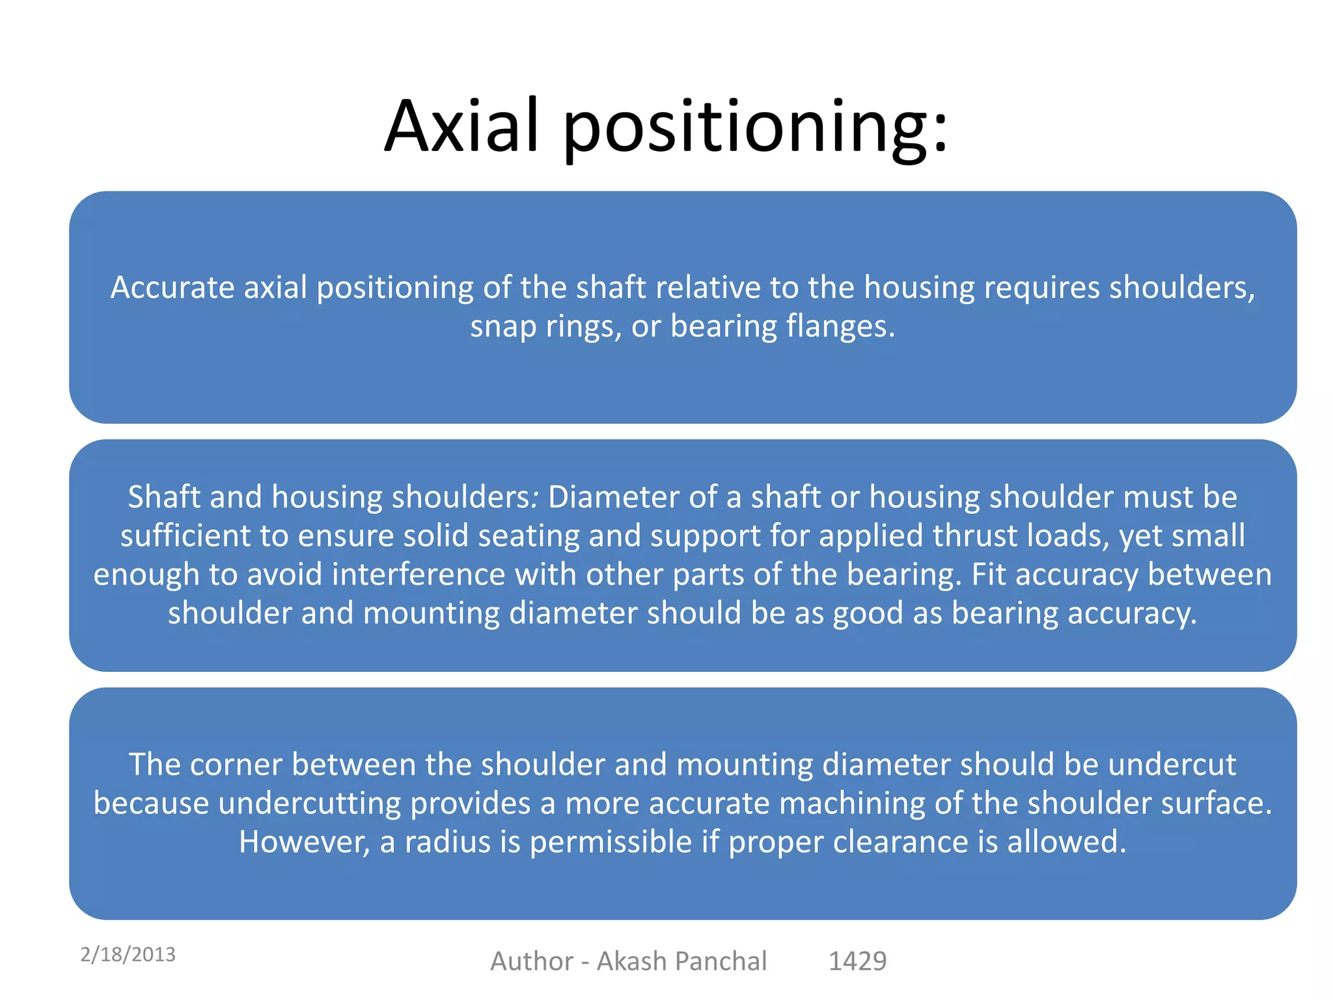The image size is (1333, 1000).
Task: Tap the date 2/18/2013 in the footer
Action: pos(128,954)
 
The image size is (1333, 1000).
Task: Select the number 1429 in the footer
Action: pos(857,961)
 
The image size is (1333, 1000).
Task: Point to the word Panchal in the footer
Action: pos(721,961)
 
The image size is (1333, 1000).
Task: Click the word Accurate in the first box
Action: pos(172,287)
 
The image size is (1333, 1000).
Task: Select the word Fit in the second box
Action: pos(988,574)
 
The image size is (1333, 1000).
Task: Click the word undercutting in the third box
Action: pos(309,803)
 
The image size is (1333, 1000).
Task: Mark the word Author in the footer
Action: pos(532,961)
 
